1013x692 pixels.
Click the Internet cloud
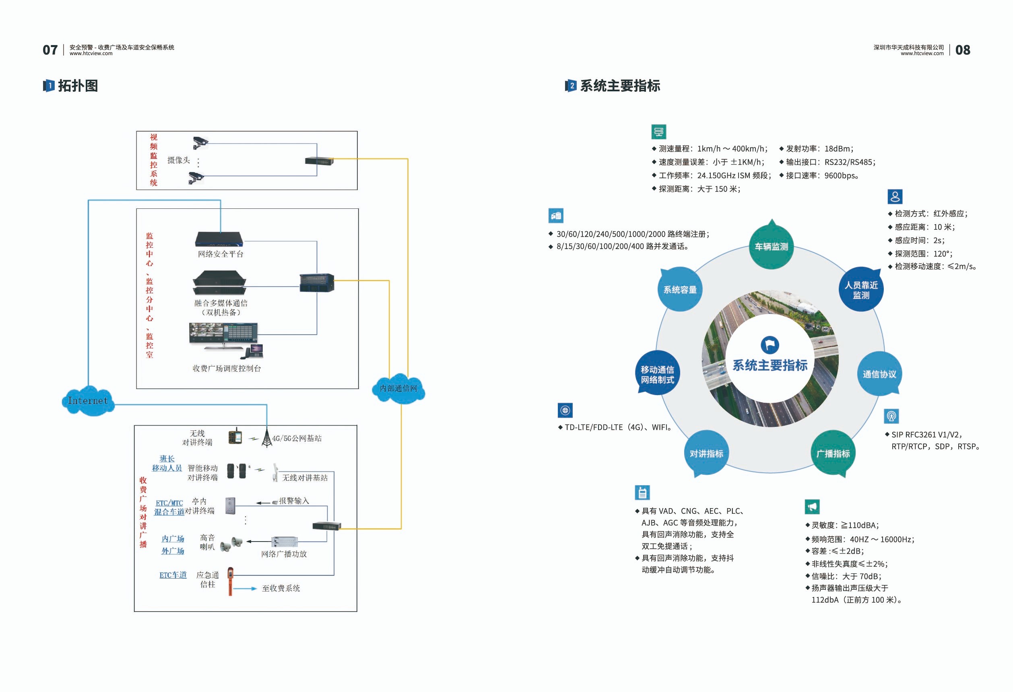tap(88, 401)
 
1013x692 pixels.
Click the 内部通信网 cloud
tap(398, 388)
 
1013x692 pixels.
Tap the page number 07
tap(50, 50)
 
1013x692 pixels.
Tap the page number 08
tap(962, 50)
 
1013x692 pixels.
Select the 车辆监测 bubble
tap(771, 247)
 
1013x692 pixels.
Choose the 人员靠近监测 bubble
tap(861, 290)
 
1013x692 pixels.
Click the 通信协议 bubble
tap(879, 374)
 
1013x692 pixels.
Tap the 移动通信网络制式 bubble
tap(657, 374)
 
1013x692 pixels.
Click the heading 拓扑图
tap(78, 86)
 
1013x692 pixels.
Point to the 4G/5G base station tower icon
tap(266, 439)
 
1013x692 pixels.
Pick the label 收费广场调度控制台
tap(227, 368)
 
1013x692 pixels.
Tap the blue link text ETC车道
tap(173, 575)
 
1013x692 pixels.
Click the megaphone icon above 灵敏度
tap(812, 507)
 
